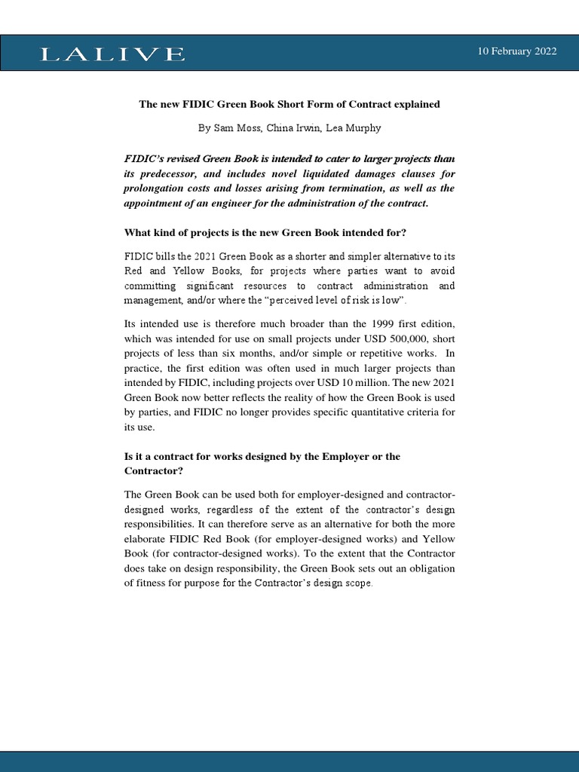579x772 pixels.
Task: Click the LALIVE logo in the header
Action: click(112, 54)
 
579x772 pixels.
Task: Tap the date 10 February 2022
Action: click(517, 51)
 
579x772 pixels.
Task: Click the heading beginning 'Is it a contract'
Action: click(262, 457)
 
